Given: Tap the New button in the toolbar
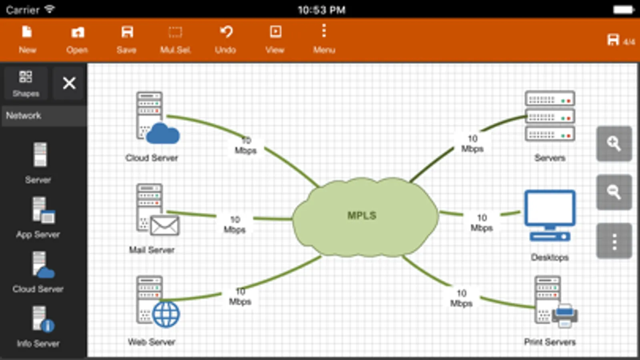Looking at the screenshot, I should coord(27,39).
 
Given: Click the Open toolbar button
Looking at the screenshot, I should coord(77,39).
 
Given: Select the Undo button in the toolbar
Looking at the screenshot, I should coord(225,39).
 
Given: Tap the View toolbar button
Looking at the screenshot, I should coord(275,39).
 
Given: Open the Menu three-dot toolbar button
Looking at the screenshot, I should coord(324,39).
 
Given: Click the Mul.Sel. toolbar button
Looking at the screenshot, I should coord(175,39).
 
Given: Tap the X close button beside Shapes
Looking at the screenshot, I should coord(69,83).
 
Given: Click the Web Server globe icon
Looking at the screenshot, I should coord(166,314).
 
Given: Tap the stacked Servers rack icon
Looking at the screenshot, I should coord(550,116).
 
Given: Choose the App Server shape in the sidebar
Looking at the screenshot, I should coord(42,210).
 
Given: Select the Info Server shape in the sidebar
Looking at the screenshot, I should coord(42,320).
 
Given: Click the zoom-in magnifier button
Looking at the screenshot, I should coord(614,144).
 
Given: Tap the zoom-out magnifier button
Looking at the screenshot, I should coord(614,192).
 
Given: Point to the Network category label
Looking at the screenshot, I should coord(24,116).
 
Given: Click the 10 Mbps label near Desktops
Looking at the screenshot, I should coord(482,223).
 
